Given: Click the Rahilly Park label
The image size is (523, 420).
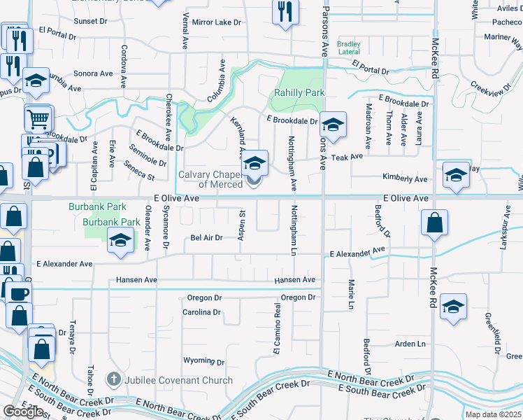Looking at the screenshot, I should [299, 92].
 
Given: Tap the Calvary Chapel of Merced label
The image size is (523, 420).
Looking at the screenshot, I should [210, 179].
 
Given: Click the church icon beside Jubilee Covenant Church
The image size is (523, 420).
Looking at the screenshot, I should [113, 380].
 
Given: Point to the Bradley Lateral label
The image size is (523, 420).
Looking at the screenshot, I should [349, 48].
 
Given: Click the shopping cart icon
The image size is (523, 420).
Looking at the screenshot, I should [38, 117].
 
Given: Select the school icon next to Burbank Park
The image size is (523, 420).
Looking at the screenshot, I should [120, 241].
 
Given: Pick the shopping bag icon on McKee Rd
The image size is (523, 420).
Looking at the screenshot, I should [434, 223].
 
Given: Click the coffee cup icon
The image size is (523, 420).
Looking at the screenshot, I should [19, 293].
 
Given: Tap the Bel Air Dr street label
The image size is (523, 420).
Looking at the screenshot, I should [206, 238].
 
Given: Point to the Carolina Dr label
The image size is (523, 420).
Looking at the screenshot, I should [201, 312].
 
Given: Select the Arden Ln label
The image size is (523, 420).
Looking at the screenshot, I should [410, 344].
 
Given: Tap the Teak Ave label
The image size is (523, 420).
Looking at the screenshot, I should [347, 157].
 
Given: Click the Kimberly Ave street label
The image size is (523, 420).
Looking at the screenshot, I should [404, 179].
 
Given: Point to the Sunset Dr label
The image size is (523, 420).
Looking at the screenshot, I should [89, 21].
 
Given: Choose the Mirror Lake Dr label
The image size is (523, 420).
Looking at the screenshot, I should [216, 22].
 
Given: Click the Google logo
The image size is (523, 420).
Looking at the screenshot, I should [23, 411].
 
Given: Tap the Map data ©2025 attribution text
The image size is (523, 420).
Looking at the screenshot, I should [493, 414].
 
